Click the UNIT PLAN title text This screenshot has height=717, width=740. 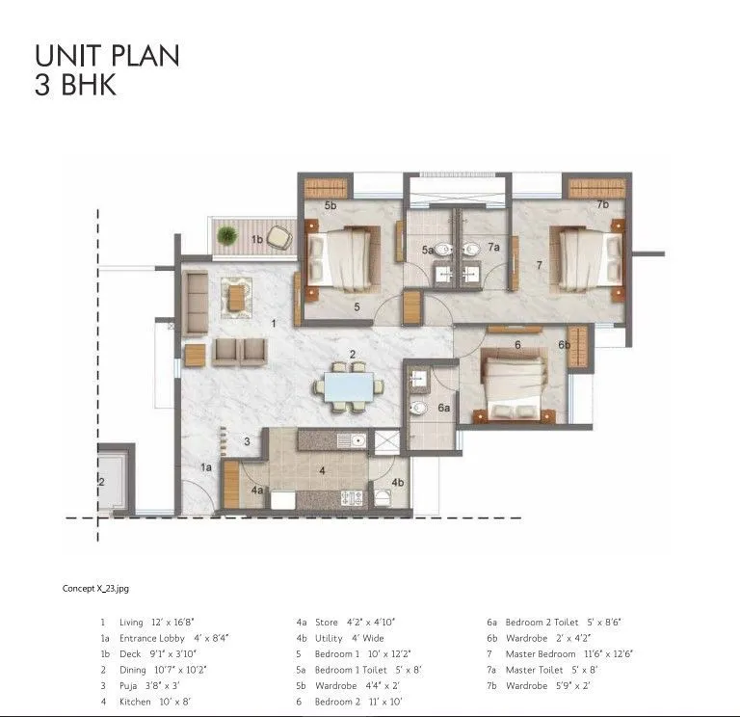point(106,56)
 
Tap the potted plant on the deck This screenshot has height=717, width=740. point(227,234)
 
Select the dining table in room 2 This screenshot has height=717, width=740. point(346,386)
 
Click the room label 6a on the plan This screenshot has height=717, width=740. point(443,409)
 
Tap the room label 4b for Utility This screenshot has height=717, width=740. point(398,482)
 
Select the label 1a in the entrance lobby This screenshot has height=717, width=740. point(205,467)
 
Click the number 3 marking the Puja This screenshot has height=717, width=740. point(247,441)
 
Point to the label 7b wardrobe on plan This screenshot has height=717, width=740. point(602,204)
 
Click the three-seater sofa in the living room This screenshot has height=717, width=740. point(195,302)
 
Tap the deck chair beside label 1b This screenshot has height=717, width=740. point(279,235)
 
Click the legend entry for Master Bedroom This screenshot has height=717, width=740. point(560,654)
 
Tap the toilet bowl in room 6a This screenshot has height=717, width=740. point(417,409)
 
